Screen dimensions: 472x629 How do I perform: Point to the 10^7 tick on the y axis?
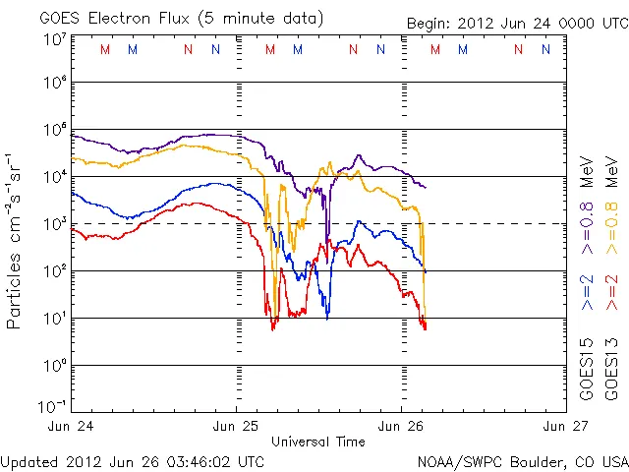pyautogui.click(x=55, y=39)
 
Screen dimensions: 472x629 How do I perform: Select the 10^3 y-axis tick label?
pyautogui.click(x=55, y=223)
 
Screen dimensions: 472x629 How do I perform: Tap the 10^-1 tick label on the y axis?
pyautogui.click(x=53, y=406)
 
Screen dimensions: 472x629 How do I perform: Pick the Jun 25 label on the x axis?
pyautogui.click(x=237, y=426)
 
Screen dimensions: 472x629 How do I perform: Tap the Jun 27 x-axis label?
pyautogui.click(x=564, y=426)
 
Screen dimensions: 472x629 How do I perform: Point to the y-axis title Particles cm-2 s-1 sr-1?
pyautogui.click(x=17, y=240)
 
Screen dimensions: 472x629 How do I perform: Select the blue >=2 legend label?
pyautogui.click(x=588, y=291)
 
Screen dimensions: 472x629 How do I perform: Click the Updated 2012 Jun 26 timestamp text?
pyautogui.click(x=133, y=460)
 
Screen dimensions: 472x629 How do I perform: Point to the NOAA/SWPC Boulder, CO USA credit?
pyautogui.click(x=522, y=460)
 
